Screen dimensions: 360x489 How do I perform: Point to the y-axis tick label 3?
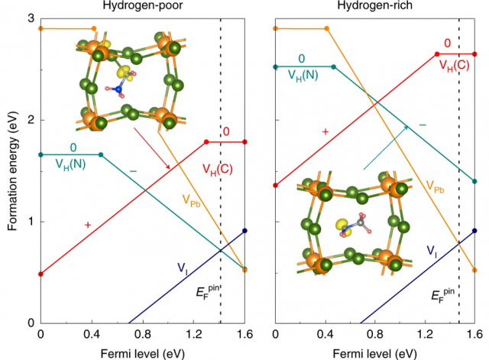28,18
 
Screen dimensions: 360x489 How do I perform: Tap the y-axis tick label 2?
28,120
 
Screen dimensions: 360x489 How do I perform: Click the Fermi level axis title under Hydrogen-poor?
142,352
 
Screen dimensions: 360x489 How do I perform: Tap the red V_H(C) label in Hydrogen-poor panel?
217,168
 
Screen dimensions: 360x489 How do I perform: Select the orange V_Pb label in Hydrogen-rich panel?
436,186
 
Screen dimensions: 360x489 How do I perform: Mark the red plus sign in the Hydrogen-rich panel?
325,131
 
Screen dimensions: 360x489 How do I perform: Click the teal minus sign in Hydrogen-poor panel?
133,170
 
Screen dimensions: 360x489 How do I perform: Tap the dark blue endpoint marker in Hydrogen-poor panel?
244,231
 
